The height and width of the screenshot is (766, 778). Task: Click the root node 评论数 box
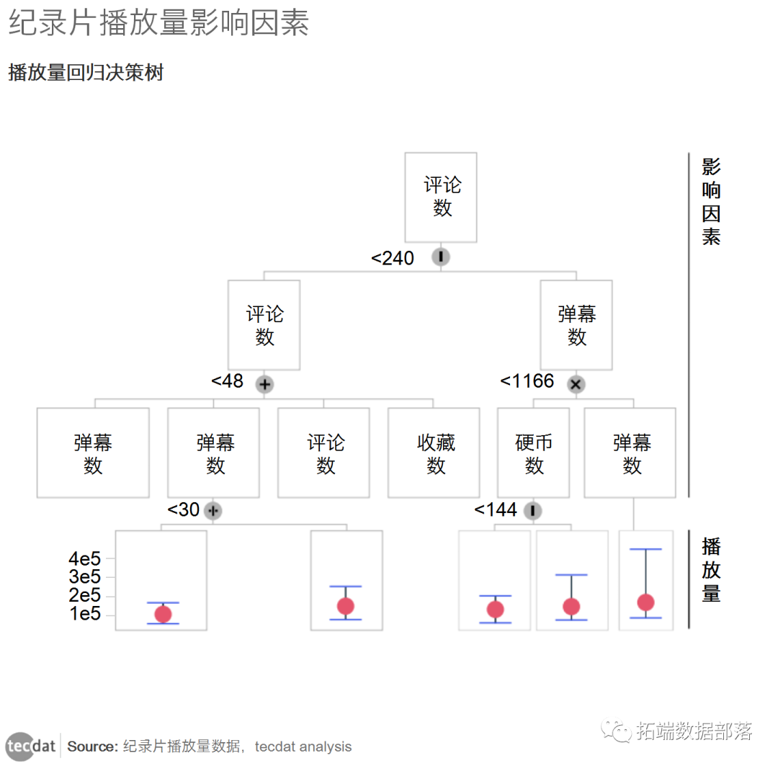(x=441, y=197)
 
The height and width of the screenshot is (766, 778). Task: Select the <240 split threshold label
(x=393, y=258)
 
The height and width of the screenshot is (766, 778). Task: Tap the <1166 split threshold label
(x=527, y=381)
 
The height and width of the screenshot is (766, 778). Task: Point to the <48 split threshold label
(x=228, y=381)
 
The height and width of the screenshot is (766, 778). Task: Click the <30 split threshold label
(x=184, y=510)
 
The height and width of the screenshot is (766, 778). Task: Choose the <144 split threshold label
(x=496, y=510)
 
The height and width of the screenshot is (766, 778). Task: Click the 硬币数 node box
(x=533, y=453)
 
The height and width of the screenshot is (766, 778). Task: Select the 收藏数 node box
(x=435, y=453)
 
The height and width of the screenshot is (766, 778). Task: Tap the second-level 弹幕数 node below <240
(x=576, y=325)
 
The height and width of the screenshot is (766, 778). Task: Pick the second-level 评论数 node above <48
(x=264, y=325)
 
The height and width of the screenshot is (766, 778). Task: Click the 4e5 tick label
(x=85, y=558)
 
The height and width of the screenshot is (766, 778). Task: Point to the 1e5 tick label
(x=85, y=614)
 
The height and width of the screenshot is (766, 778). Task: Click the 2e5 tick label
(x=85, y=596)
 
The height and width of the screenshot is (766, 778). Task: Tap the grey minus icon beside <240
(x=440, y=257)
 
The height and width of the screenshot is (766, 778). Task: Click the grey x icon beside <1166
(x=575, y=384)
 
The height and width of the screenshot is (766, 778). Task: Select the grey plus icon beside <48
(x=264, y=384)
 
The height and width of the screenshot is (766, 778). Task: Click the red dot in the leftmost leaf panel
(x=164, y=614)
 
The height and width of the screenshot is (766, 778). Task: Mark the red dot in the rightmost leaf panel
(x=645, y=602)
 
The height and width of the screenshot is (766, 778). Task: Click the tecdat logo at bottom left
(x=31, y=746)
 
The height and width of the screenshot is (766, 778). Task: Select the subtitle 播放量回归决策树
(x=86, y=73)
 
